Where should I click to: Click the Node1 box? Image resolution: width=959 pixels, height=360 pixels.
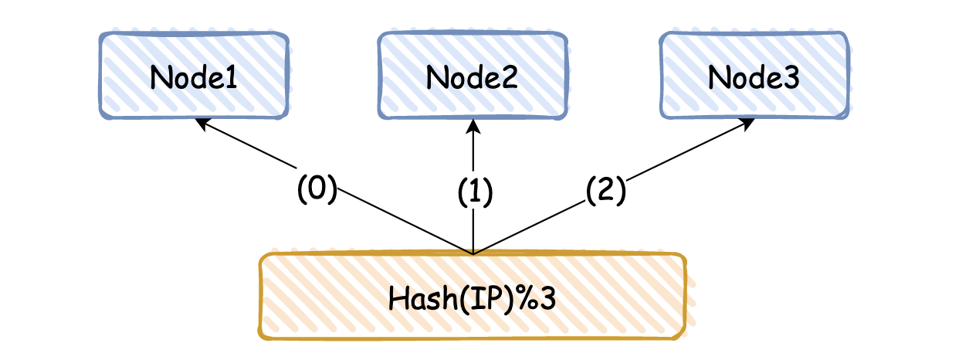coord(194,75)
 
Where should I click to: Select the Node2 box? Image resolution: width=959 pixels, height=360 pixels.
coord(473,75)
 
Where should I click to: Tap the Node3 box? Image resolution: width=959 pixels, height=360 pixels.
coord(754,75)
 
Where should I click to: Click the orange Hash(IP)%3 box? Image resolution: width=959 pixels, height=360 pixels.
coord(473,297)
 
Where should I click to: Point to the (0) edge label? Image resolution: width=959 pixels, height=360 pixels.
coord(317,188)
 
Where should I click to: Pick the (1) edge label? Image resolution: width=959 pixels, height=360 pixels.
coord(475,192)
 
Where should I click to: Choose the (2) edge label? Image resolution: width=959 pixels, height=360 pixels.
coord(606,190)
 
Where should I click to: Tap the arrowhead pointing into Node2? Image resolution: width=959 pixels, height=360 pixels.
coord(473,127)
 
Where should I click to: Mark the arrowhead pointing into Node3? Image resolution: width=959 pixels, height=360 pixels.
coord(747,124)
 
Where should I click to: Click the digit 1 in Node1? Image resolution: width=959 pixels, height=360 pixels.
coord(232,77)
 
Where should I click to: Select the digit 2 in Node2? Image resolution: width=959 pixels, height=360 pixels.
coord(510,77)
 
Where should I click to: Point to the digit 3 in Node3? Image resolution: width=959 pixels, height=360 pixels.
coord(791,77)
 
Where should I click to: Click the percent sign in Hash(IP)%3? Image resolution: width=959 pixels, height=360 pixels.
coord(526,298)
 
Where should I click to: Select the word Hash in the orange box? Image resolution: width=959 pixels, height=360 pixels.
coord(422,298)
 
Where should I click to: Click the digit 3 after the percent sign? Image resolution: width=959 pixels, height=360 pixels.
coord(547,298)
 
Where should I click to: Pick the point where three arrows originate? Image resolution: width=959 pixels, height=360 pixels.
coord(473,253)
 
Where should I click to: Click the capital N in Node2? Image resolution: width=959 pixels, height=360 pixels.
coord(435,77)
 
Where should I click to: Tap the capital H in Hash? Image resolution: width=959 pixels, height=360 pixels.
coord(398,298)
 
